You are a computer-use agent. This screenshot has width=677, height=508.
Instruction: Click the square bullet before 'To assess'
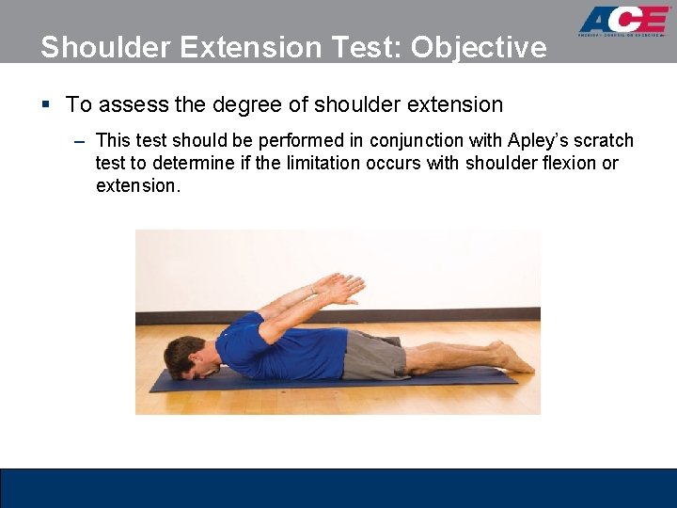(46, 104)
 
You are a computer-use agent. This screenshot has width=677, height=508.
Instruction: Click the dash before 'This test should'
(79, 141)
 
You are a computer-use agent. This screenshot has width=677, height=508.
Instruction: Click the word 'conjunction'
(414, 140)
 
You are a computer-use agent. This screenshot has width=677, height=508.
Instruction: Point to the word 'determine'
(160, 163)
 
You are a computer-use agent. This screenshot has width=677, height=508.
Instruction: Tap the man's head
(183, 357)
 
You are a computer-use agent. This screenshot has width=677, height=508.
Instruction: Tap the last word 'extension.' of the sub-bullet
(137, 185)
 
